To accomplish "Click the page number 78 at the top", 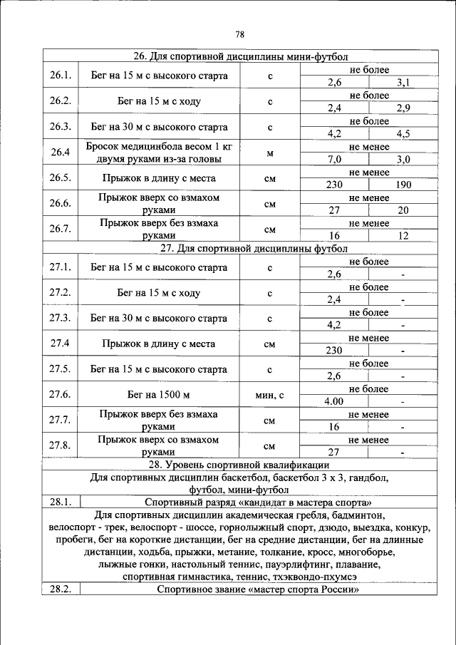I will coord(239,34).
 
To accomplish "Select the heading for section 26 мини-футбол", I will coord(241,56).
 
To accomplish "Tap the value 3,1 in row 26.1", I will coord(403,83).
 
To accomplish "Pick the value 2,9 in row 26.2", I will coord(403,108).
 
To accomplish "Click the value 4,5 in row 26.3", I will coord(403,133).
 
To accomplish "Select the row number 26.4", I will coord(61,153).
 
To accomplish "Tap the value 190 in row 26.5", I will coord(403,185).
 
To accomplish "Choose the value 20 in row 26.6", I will coord(403,210).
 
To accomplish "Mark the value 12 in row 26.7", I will coord(403,236).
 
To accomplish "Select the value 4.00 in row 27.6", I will coord(334,401).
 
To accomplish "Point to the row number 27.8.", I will coord(61,445).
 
